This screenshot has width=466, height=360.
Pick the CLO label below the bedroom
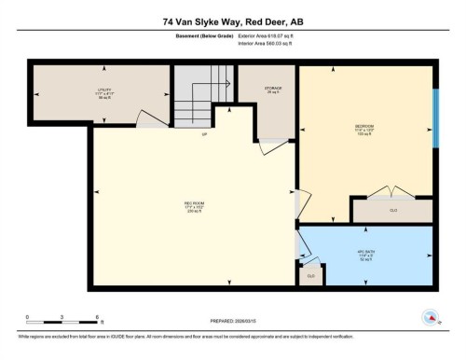(392, 211)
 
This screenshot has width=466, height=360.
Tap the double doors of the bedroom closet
(391, 192)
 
